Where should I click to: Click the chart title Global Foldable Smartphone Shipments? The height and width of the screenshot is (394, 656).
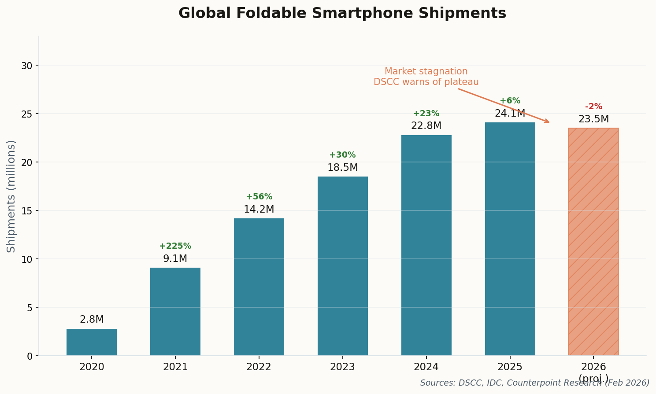342,14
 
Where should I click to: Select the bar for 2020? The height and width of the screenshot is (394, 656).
92,342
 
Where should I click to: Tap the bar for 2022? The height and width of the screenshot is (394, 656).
259,287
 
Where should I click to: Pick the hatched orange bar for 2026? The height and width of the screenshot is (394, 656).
593,242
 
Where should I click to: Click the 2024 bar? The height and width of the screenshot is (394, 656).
426,245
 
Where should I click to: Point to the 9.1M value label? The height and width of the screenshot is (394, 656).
175,259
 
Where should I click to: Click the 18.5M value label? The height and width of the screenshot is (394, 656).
342,168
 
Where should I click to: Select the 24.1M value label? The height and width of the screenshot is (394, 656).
510,114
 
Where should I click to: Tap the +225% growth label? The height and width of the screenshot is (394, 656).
175,247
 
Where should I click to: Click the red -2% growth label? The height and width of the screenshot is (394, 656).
593,107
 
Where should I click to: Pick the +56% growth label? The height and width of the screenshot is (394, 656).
259,197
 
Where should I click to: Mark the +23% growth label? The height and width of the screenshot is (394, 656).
426,114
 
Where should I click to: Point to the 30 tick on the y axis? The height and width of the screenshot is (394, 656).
27,66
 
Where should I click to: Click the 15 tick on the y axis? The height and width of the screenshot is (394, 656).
27,211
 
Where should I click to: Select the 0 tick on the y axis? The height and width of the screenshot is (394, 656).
30,356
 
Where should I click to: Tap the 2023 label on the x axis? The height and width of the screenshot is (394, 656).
342,367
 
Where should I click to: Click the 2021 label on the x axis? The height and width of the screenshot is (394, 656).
175,367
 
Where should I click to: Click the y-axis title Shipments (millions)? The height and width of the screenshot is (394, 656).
11,196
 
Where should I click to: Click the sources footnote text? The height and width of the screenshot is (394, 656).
534,383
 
